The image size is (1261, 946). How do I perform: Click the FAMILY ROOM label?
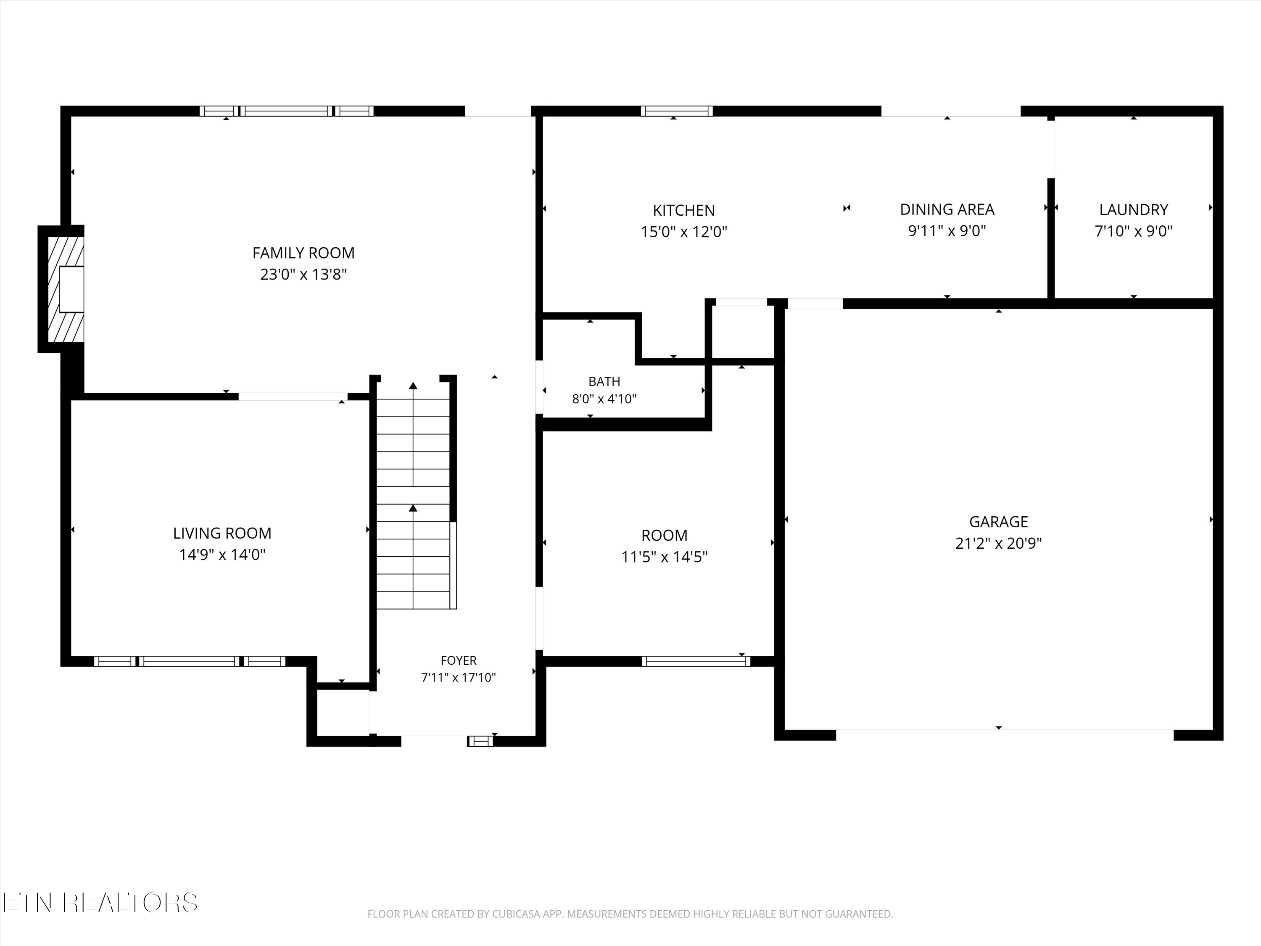303,253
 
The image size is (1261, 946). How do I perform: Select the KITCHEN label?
683,210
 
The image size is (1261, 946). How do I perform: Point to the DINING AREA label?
947,209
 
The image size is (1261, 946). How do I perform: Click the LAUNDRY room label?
1133,210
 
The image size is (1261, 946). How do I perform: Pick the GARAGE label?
998,522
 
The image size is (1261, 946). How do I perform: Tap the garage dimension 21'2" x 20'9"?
998,543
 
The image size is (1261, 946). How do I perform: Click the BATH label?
604,381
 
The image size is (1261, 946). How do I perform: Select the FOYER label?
458,661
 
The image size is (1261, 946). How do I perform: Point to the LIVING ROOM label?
222,533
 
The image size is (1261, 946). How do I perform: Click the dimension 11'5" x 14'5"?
664,557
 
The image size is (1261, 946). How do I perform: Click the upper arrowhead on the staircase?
413,386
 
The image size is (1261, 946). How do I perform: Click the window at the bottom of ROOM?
696,661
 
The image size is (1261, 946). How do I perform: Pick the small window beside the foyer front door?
480,741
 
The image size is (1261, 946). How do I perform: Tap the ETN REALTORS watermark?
100,903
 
